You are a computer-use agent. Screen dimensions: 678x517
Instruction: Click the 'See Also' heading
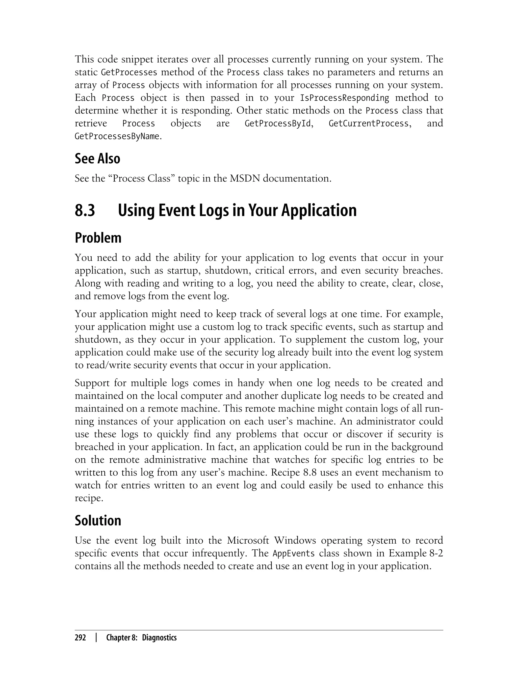pos(97,159)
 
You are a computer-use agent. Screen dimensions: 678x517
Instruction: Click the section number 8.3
pos(85,211)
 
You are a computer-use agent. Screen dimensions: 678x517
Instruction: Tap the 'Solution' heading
pos(98,520)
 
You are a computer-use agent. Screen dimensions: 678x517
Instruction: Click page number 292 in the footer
pos(80,638)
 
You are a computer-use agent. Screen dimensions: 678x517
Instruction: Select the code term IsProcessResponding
pos(344,98)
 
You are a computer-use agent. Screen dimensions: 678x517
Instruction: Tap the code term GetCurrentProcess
pos(368,124)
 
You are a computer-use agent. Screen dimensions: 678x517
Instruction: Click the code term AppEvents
pos(294,553)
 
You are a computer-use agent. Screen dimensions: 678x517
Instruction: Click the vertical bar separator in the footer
pos(96,638)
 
